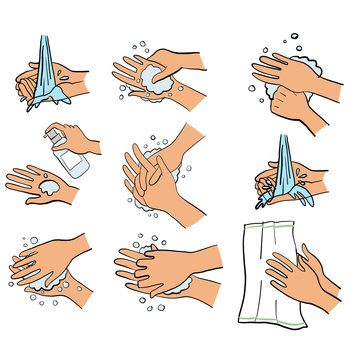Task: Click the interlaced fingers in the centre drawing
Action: (x=150, y=180)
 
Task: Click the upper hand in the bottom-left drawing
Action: (x=60, y=256)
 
